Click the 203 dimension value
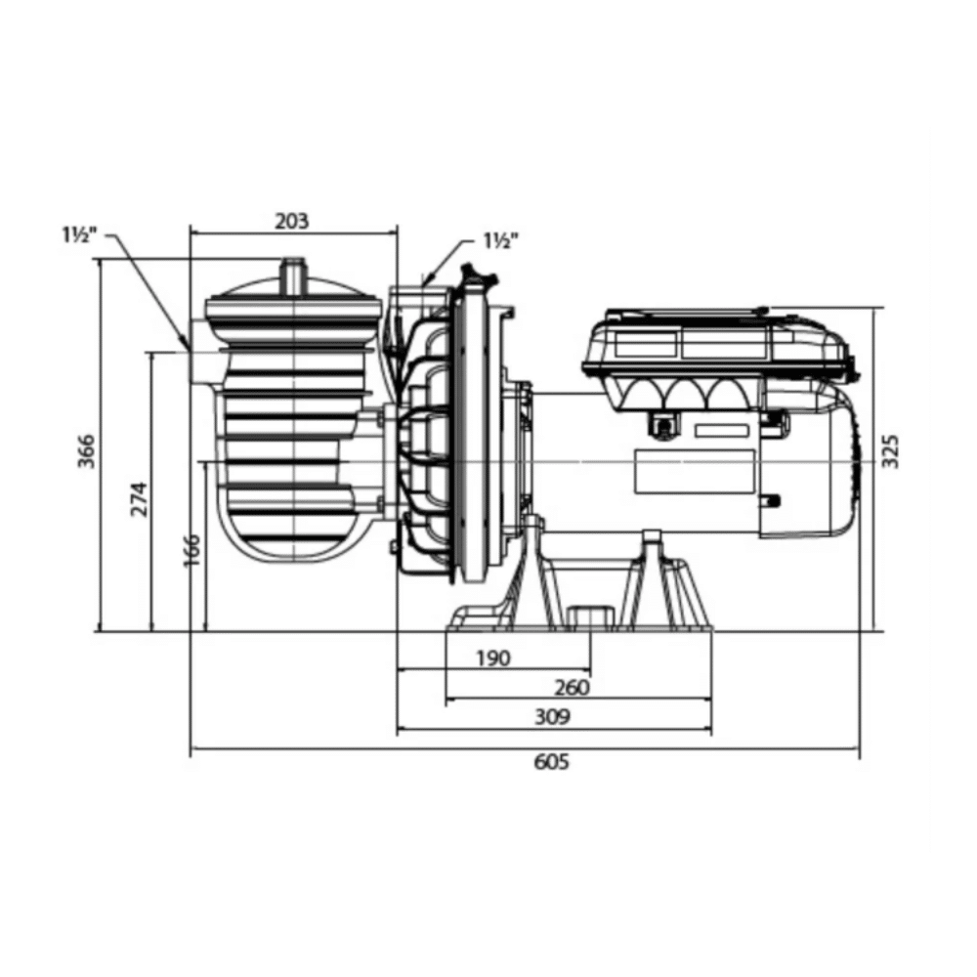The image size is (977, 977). (292, 221)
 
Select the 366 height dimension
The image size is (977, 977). (86, 451)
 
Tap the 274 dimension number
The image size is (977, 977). (139, 498)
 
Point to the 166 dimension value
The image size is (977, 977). (191, 549)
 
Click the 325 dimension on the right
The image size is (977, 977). (892, 451)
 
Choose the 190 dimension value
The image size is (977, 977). (493, 658)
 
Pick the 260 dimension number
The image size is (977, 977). (572, 687)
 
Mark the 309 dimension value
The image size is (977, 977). (553, 716)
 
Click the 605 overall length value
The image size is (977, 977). (552, 761)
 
